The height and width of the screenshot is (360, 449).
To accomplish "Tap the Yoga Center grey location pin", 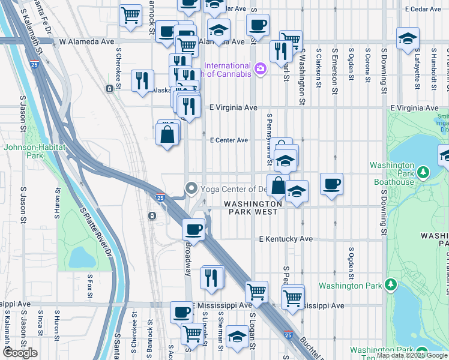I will (x=191, y=188).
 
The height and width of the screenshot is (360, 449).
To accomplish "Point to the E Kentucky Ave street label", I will (x=286, y=239).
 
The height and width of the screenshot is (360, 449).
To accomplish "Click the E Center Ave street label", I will (x=228, y=140).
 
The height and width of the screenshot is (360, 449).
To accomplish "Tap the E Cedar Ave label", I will (x=427, y=10).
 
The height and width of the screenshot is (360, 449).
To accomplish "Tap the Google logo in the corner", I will (x=20, y=353).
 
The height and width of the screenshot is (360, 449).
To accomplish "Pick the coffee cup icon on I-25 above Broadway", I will (x=193, y=229).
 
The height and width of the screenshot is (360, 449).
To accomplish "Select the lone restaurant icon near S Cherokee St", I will (x=142, y=81).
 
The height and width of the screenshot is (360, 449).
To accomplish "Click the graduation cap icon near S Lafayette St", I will (x=408, y=38).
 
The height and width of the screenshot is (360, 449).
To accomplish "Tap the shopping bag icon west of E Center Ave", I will (x=167, y=134).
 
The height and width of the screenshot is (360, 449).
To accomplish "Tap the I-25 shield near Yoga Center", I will (x=160, y=197).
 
